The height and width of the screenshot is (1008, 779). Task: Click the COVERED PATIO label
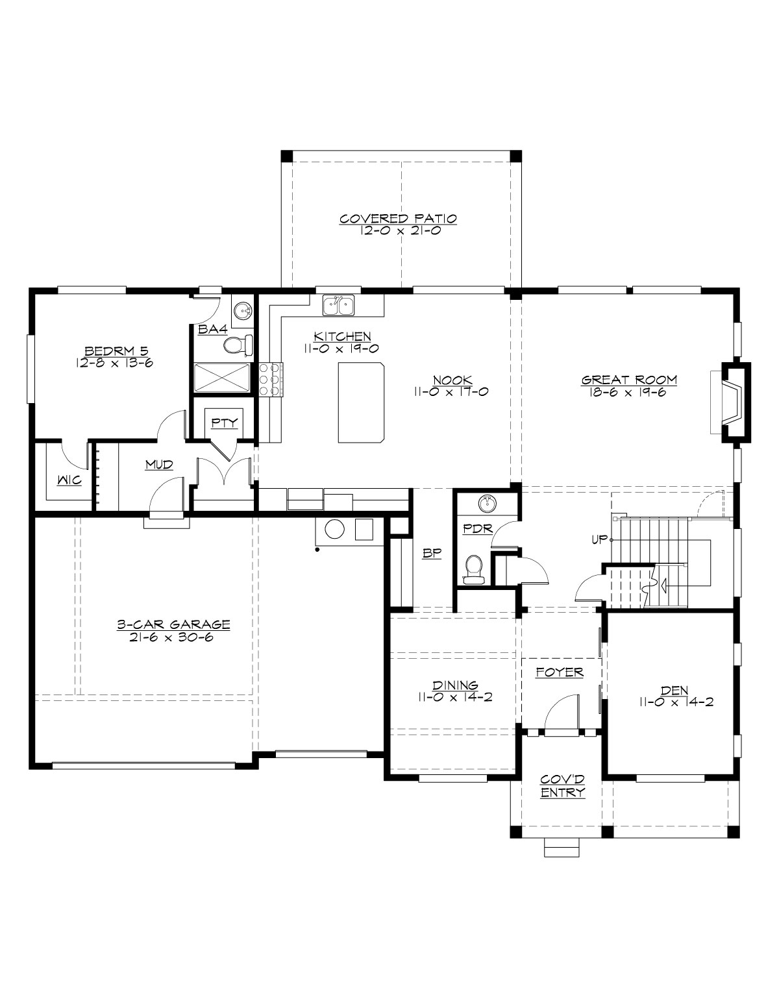coord(398,219)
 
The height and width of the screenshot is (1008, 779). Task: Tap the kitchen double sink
coord(338,305)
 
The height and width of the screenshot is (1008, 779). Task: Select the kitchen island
coord(361,403)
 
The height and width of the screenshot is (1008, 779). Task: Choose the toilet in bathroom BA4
coord(238,345)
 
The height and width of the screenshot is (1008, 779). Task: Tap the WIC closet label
coord(69,481)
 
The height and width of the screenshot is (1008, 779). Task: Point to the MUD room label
coord(158,464)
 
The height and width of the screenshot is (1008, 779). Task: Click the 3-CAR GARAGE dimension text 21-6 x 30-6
coord(173,637)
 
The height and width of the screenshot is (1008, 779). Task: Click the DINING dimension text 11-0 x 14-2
coord(456,697)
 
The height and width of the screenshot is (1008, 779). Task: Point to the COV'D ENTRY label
coord(563,787)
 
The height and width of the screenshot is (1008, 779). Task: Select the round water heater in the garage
coord(334,530)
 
